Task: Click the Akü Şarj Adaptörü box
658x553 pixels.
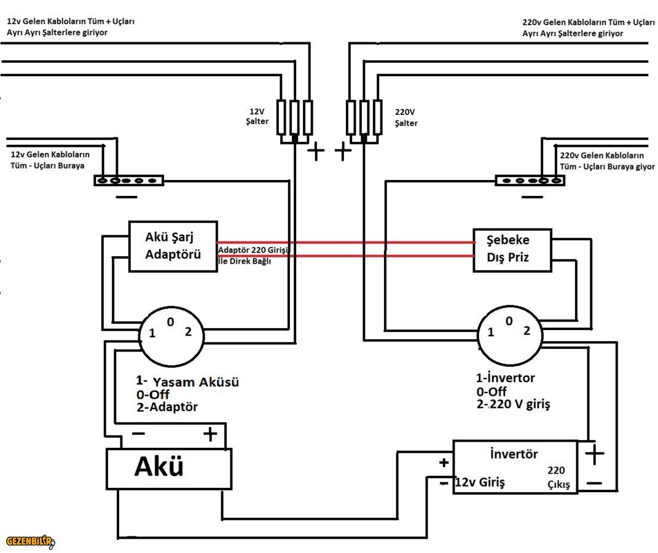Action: [173, 246]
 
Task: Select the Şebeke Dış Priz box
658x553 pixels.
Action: [512, 249]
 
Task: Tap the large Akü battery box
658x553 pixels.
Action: [169, 468]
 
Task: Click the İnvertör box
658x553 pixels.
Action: [515, 466]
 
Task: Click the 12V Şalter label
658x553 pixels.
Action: [257, 117]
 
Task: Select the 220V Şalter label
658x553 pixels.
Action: [406, 118]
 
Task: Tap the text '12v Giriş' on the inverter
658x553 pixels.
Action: [479, 483]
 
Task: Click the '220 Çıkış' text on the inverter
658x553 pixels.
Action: [558, 477]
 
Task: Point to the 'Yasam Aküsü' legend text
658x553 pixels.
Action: [195, 382]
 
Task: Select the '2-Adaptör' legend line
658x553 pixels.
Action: [167, 407]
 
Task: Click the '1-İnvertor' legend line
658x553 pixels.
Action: [505, 378]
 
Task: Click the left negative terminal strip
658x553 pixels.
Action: [128, 181]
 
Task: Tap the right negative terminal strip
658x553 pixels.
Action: [530, 180]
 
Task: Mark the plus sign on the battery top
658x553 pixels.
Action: [210, 434]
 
